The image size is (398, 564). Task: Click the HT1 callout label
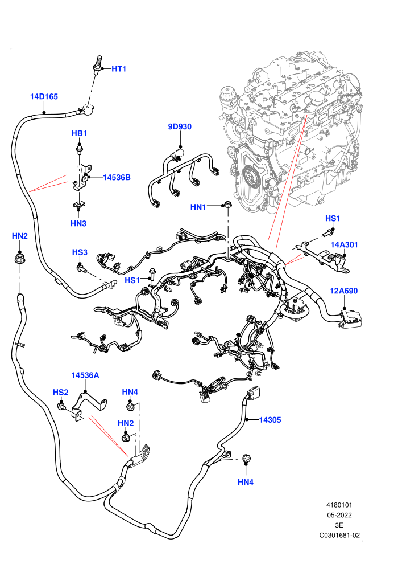(119, 69)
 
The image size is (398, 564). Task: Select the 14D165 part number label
(44, 96)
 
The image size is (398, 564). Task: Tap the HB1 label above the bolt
(79, 133)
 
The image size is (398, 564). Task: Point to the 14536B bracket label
(117, 177)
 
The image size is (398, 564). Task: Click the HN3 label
(78, 223)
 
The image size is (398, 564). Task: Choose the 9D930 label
(180, 126)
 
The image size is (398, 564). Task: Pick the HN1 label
(198, 207)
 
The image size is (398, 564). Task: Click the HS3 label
(80, 252)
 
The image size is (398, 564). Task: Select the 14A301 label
(344, 244)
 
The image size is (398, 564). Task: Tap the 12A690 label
(344, 291)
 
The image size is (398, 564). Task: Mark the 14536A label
(85, 375)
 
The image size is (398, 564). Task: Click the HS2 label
(60, 392)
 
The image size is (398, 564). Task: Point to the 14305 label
(270, 420)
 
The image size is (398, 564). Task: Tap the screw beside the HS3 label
(81, 268)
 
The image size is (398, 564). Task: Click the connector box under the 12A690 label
(351, 319)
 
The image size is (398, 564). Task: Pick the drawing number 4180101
(339, 505)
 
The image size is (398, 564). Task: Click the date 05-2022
(339, 515)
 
